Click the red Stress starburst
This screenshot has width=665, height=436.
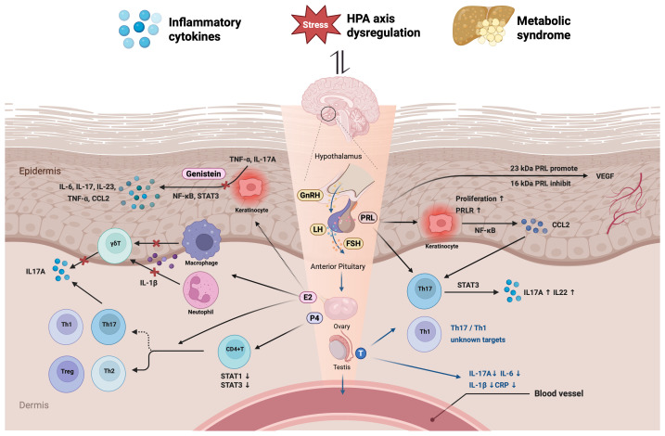[315, 25]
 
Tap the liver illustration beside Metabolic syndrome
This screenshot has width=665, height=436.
[482, 25]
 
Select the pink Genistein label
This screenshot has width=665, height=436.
[203, 173]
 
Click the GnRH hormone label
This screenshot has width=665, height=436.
[310, 196]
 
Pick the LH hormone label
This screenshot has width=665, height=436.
[317, 229]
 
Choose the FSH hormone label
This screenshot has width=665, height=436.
[352, 243]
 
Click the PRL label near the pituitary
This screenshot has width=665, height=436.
[367, 218]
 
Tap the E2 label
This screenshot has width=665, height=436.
[308, 297]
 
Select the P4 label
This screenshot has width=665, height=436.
[315, 318]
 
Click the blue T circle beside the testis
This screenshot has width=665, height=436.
[361, 353]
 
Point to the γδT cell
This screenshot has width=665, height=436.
[115, 244]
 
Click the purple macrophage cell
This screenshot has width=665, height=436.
[202, 240]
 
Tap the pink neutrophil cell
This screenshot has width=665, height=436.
[200, 289]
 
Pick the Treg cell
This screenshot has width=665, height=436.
[67, 373]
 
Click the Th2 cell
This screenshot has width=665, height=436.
[109, 373]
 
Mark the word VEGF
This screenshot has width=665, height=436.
[605, 176]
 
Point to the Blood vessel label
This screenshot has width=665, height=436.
[558, 393]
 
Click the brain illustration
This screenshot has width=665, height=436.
[339, 107]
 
